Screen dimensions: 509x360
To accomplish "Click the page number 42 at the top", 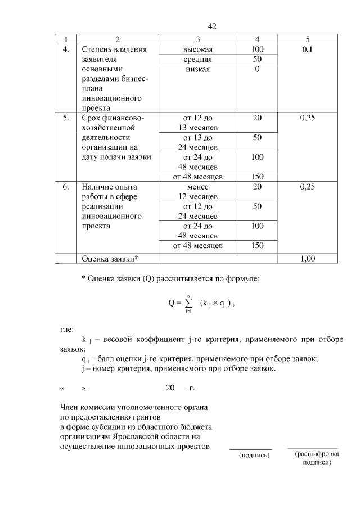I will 212,26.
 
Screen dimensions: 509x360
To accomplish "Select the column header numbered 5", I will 307,39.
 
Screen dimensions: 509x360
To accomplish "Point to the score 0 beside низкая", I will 257,69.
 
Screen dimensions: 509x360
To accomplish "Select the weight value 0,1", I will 307,49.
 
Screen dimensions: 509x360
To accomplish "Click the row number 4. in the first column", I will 66,49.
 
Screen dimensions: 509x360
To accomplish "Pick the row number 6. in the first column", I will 66,186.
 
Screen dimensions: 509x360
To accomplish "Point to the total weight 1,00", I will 307,259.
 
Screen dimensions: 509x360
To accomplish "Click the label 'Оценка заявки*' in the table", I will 110,259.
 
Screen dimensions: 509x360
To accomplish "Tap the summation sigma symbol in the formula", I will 189,303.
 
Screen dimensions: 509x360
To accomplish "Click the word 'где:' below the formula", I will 67,329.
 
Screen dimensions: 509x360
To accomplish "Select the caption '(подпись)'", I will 254,455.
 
